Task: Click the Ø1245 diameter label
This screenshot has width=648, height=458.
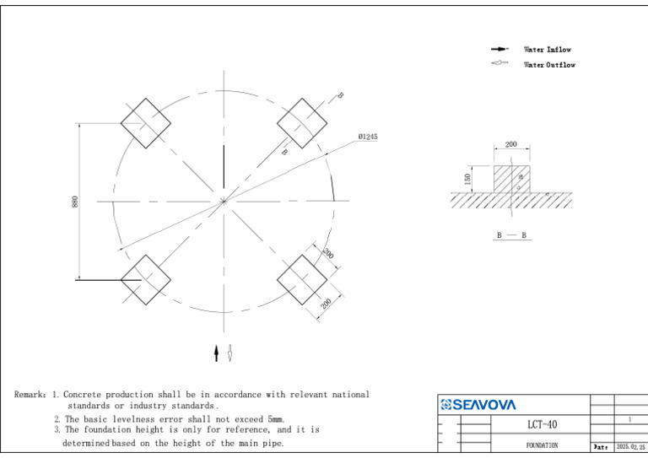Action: click(367, 137)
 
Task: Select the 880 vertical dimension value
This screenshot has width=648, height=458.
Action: click(75, 202)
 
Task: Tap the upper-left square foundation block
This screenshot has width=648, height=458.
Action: click(145, 122)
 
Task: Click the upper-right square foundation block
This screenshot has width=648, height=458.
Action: click(302, 122)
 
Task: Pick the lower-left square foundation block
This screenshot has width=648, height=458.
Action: click(145, 279)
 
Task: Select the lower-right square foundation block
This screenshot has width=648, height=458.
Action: click(302, 279)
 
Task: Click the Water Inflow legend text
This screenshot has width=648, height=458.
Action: click(548, 50)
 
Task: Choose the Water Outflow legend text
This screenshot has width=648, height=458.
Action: click(549, 65)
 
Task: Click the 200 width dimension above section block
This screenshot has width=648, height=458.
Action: click(511, 145)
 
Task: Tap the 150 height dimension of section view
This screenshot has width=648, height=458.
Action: click(468, 179)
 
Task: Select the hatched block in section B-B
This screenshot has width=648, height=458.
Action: click(511, 179)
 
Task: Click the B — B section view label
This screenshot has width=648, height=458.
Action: click(511, 235)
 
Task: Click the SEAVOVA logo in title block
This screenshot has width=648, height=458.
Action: click(478, 405)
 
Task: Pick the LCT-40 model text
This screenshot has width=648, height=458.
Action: click(542, 424)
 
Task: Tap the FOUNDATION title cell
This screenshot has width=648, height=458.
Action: click(542, 445)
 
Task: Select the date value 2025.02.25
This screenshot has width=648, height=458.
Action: click(630, 446)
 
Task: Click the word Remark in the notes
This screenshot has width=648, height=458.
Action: click(30, 395)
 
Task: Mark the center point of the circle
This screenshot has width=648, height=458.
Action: click(224, 201)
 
